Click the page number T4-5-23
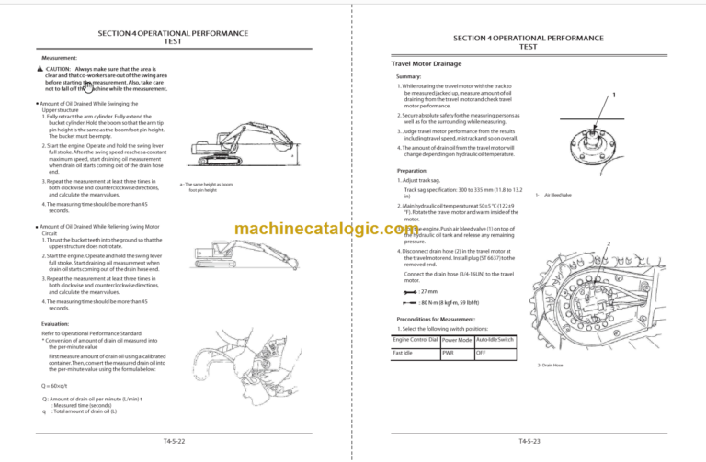point(529,442)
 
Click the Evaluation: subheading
point(60,324)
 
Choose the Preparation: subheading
point(412,171)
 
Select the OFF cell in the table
point(481,352)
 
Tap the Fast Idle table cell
point(403,352)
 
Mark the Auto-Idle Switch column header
point(495,340)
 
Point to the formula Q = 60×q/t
point(56,385)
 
